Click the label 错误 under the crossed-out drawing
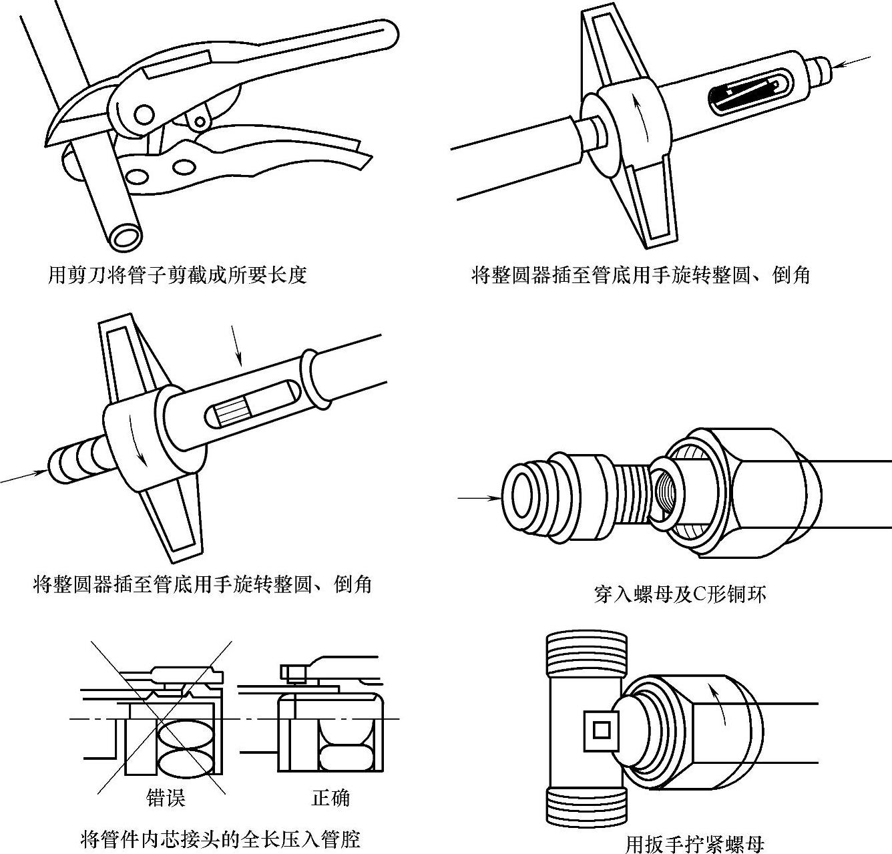coord(165,797)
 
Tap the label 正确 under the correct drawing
coord(330,797)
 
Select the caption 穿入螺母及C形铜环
coord(680,593)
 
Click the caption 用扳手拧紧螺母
coord(694,844)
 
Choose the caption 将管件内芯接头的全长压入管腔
coord(220,839)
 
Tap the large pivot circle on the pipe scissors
coord(142,116)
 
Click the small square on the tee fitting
coord(602,730)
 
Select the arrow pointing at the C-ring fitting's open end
coord(479,497)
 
